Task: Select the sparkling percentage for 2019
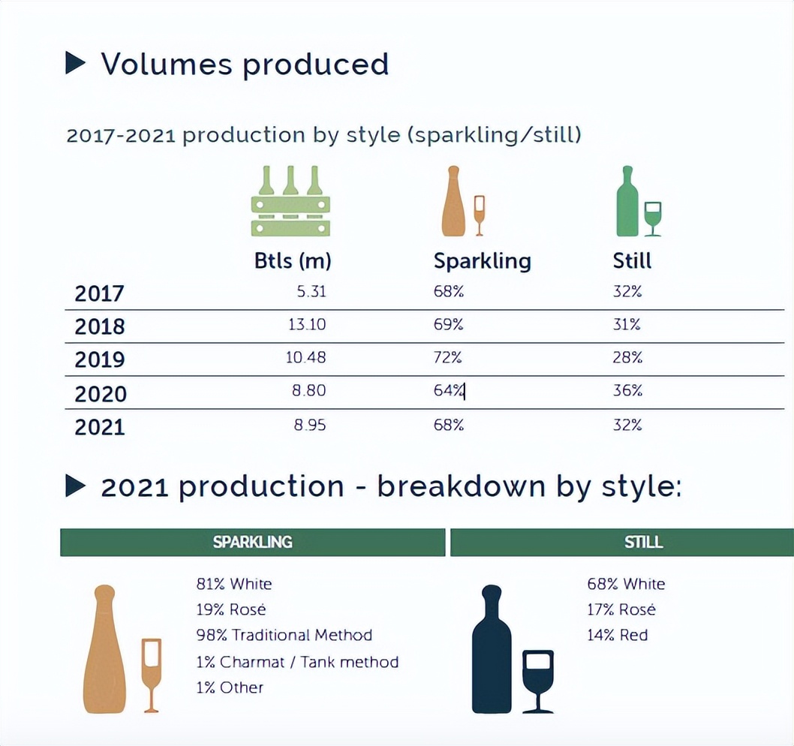448,358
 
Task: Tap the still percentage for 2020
627,391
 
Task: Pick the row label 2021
100,427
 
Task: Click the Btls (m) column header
293,261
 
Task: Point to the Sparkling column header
482,261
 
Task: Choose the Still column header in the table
632,261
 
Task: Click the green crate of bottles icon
290,201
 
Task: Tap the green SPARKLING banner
252,542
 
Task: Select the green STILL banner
621,542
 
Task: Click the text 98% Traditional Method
284,635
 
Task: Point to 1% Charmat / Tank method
297,662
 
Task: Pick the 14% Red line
617,635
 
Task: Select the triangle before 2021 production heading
76,486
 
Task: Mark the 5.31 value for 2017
311,292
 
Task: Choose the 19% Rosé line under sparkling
231,609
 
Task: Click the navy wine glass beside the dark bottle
537,679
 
